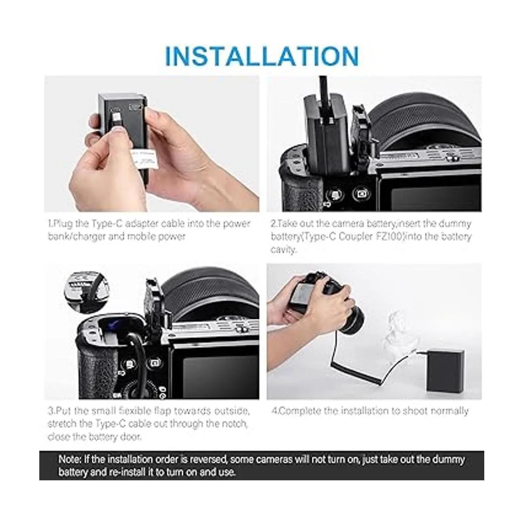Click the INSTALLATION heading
pyautogui.click(x=262, y=56)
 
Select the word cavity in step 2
pyautogui.click(x=283, y=250)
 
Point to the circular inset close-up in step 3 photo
pyautogui.click(x=87, y=290)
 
